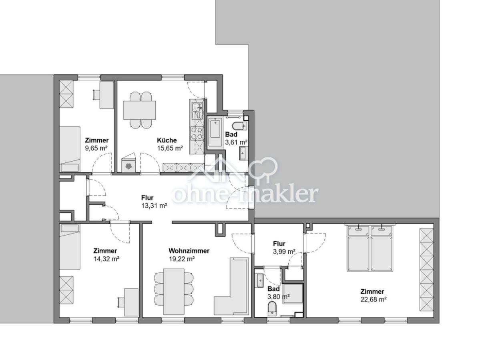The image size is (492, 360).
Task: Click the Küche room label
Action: (x=167, y=140)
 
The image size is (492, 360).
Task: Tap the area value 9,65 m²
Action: (x=96, y=148)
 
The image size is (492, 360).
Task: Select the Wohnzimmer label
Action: (x=189, y=251)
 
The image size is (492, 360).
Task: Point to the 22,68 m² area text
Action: (x=372, y=299)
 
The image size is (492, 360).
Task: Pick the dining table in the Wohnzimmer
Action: (x=174, y=291)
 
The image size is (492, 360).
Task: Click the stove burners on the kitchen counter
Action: (x=196, y=133)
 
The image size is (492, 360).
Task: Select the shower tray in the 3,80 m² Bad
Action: (x=293, y=294)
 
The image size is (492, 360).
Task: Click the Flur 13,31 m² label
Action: (x=147, y=198)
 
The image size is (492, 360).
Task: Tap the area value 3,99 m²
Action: (x=284, y=251)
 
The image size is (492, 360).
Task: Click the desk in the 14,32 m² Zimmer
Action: (x=131, y=302)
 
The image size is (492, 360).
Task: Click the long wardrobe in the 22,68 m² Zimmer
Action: (x=426, y=270)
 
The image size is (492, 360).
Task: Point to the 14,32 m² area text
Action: (x=106, y=259)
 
